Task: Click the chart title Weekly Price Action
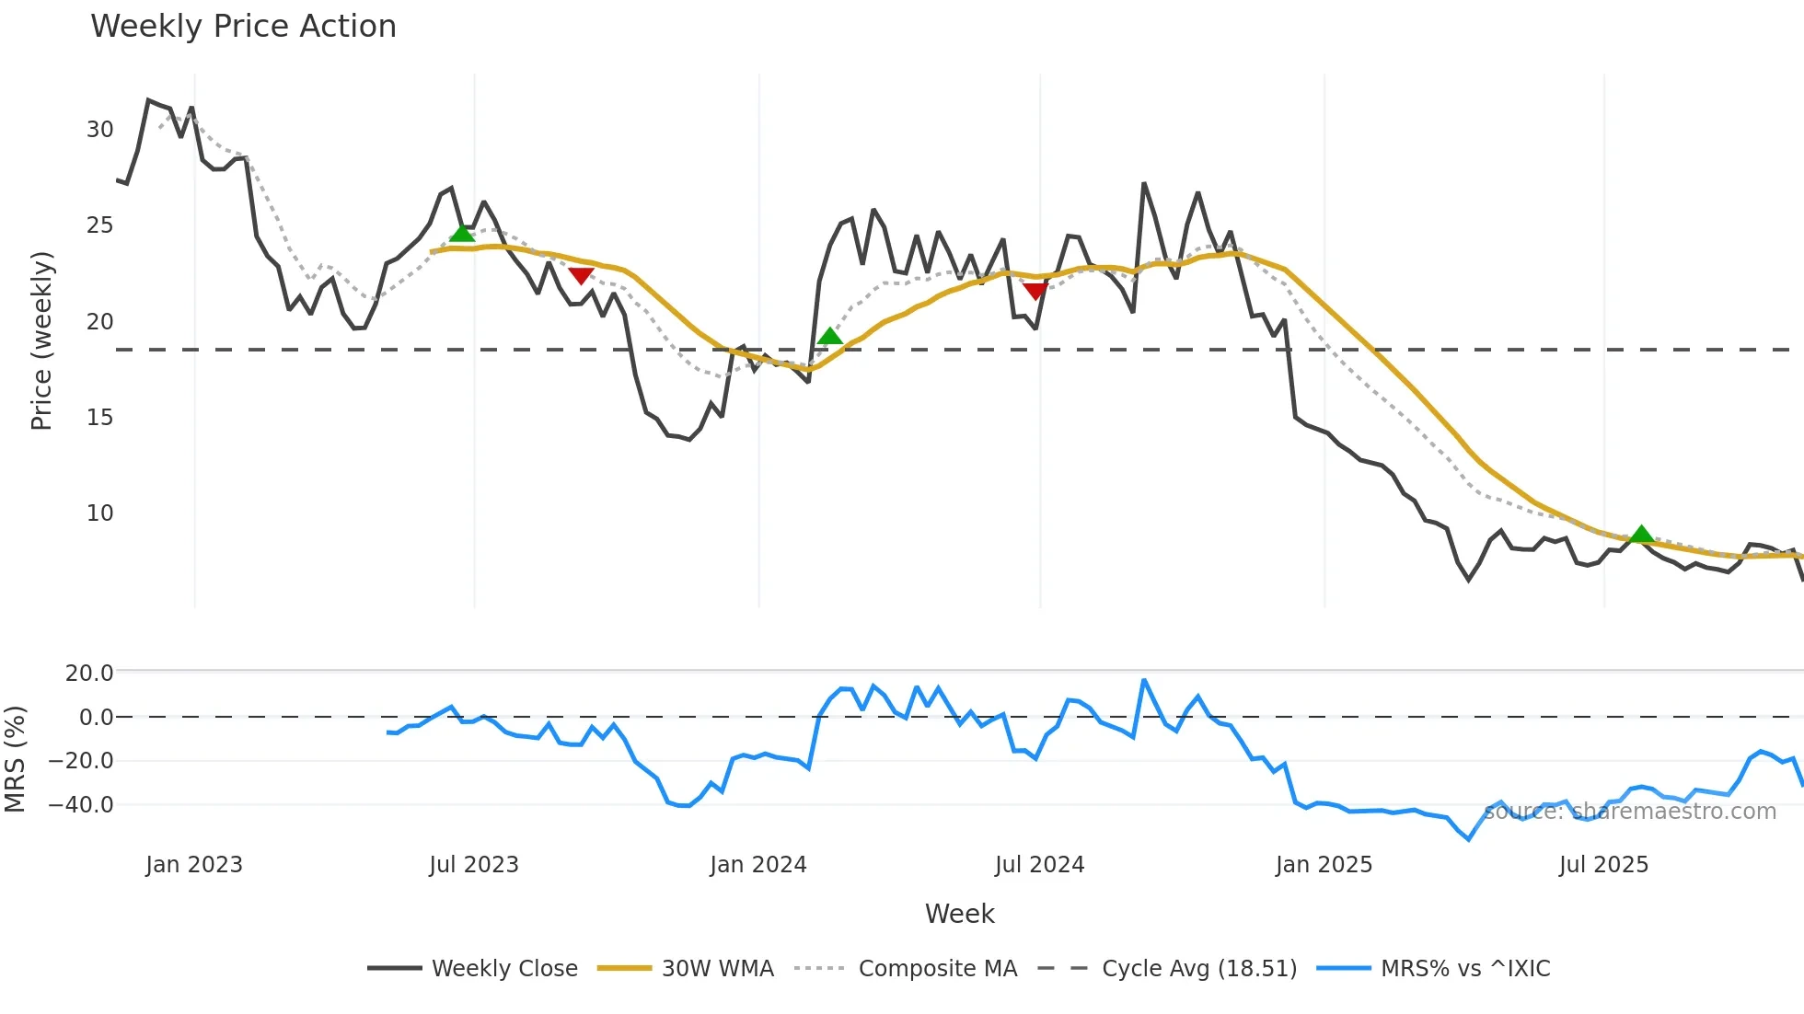[243, 27]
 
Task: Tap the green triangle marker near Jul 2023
[462, 234]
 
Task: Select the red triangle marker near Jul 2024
[1035, 291]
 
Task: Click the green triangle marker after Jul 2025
[1641, 535]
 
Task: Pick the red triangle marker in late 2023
[581, 275]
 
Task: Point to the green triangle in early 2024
[829, 337]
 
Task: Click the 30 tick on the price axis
[100, 130]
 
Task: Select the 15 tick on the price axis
[100, 418]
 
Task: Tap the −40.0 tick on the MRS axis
[81, 805]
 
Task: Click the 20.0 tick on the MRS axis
[89, 674]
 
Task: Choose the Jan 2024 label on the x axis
[758, 865]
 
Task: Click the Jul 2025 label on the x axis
[1603, 865]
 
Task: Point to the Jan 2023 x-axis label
[194, 865]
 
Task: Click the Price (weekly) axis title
[41, 340]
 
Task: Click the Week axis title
[959, 914]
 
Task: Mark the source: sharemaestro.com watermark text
[1630, 812]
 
